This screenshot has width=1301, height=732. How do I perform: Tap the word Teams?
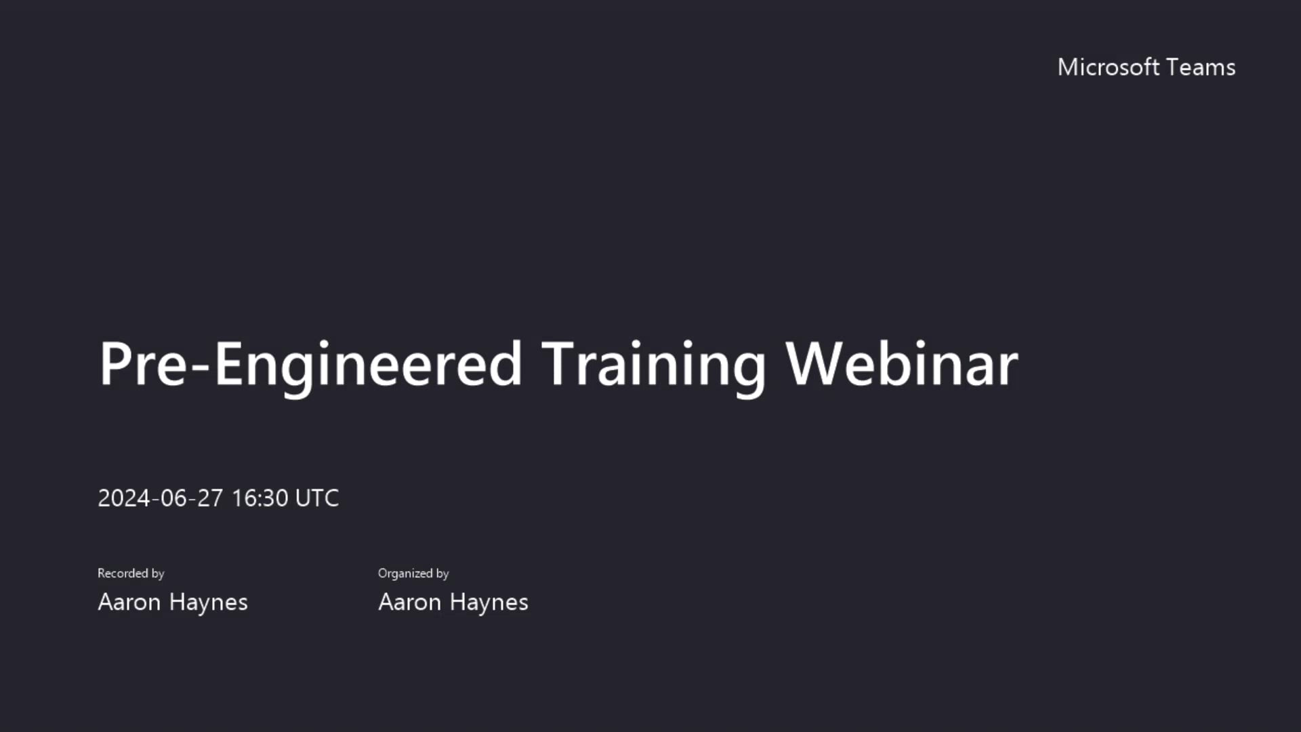1201,67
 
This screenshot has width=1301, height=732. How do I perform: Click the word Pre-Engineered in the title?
310,365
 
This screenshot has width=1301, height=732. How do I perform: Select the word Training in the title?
653,365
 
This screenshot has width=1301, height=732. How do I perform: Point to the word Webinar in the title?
901,365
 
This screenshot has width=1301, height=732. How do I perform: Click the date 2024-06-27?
160,498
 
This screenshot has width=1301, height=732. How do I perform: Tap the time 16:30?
260,498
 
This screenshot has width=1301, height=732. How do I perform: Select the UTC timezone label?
317,498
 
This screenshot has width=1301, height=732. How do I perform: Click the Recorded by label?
131,573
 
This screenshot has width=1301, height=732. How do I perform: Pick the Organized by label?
413,573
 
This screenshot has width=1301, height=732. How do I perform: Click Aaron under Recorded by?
129,602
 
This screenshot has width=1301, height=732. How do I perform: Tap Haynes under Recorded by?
209,602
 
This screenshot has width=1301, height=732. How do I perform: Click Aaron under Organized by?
409,602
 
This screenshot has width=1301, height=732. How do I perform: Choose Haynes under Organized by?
489,602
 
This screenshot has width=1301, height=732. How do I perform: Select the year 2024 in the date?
124,498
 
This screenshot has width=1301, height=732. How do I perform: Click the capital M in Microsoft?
1069,67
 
